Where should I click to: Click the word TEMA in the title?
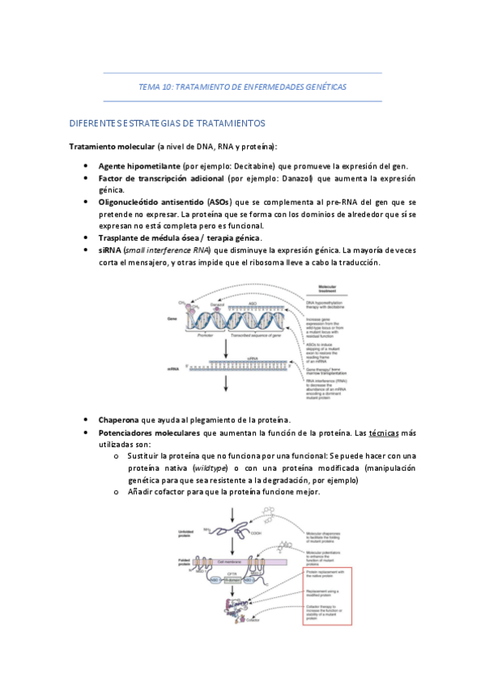(x=151, y=86)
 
